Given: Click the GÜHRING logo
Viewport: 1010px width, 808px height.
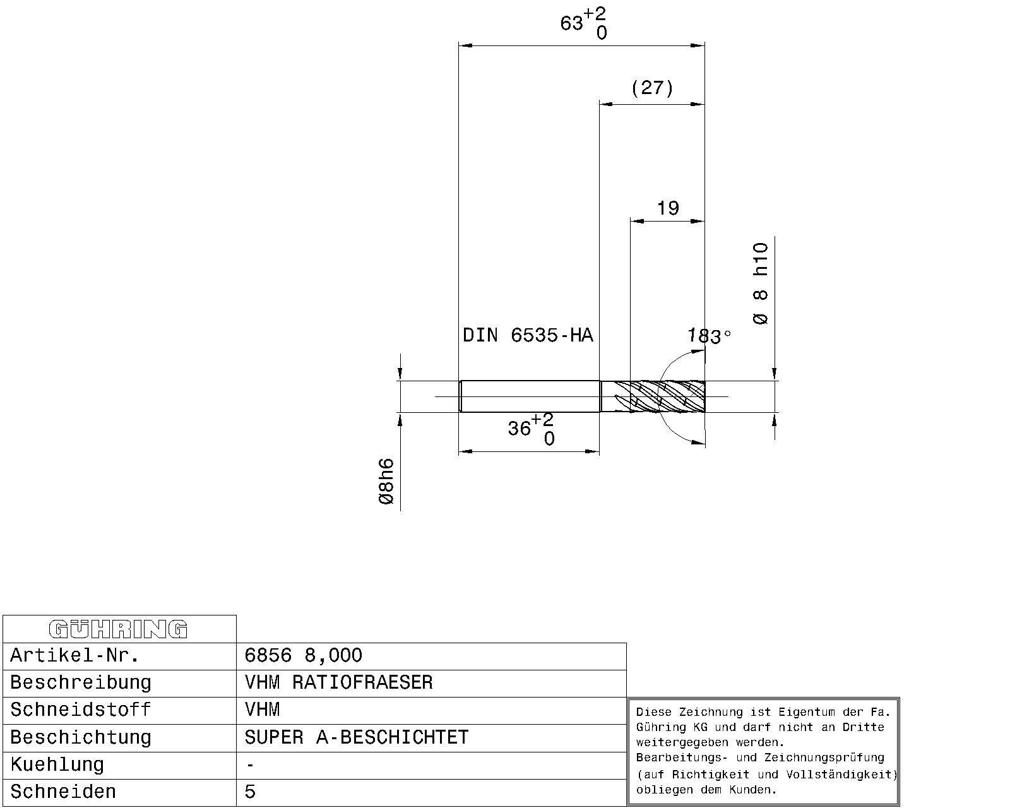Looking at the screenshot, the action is point(118,629).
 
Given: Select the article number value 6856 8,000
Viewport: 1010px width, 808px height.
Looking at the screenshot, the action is point(303,655).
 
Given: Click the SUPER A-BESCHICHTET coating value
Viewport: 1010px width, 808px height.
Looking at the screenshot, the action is point(356,737).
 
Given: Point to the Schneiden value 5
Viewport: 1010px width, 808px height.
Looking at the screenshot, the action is point(250,792).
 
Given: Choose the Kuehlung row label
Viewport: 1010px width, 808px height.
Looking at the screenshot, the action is point(57,765).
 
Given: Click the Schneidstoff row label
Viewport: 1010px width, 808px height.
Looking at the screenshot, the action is point(80,710).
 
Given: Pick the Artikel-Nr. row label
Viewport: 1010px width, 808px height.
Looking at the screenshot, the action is point(74,655).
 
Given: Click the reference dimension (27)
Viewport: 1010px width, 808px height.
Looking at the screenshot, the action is point(652,88).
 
